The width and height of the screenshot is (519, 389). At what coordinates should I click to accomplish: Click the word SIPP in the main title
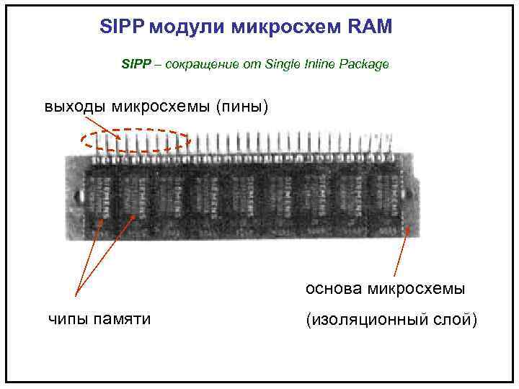coord(121,27)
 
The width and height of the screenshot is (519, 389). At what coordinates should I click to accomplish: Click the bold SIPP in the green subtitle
coord(136,65)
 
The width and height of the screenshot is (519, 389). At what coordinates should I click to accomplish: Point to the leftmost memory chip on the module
coord(98,195)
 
